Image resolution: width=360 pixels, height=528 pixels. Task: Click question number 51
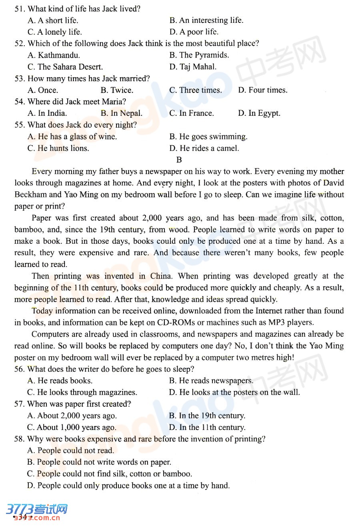(20, 9)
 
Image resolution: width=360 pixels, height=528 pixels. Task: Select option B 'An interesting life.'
(206, 20)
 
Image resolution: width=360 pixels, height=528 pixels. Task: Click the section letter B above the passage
(179, 160)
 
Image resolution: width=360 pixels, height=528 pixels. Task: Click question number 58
(19, 439)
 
